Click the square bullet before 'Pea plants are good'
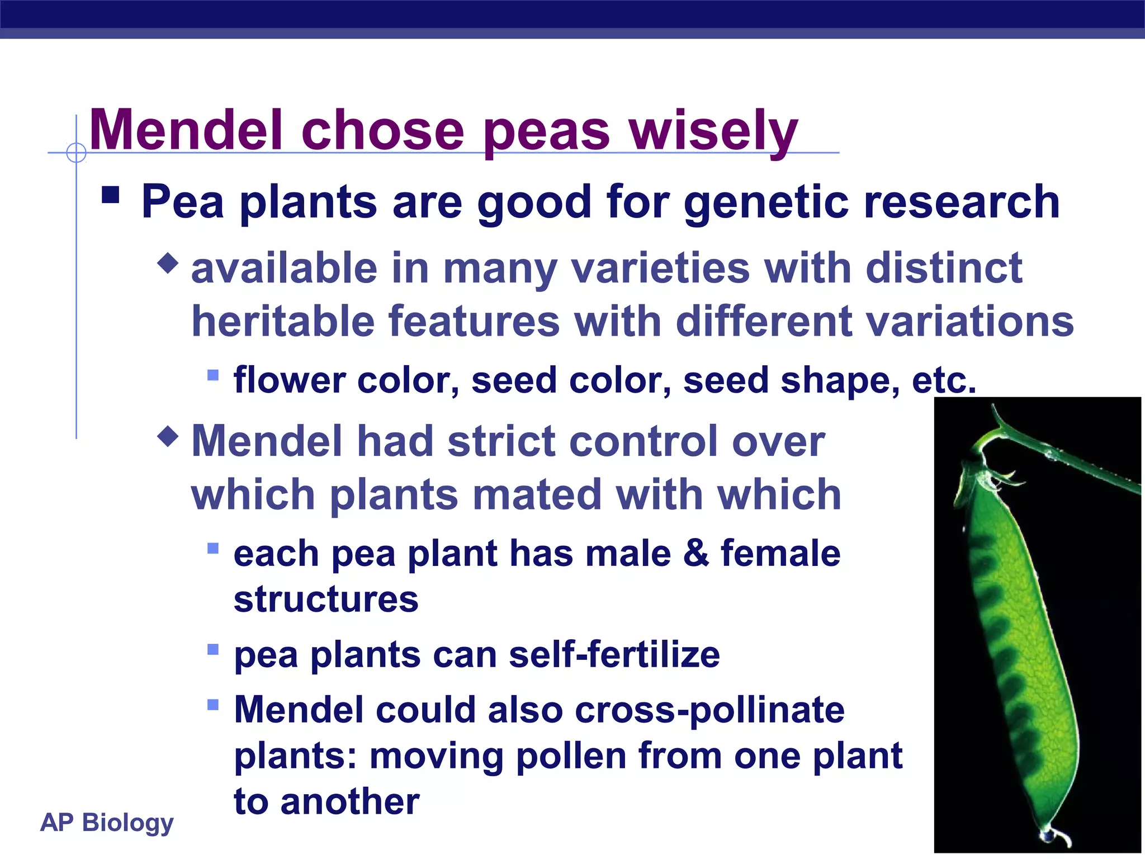pos(111,195)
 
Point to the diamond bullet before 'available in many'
pos(168,262)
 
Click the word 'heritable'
pos(282,322)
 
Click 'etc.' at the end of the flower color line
pos(944,380)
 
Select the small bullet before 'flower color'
pos(212,374)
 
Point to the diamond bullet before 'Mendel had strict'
pos(168,436)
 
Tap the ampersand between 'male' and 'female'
pos(695,553)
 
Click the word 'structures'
pos(326,600)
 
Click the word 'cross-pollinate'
pos(709,710)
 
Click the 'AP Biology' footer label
pos(107,823)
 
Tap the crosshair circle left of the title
pos(76,152)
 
